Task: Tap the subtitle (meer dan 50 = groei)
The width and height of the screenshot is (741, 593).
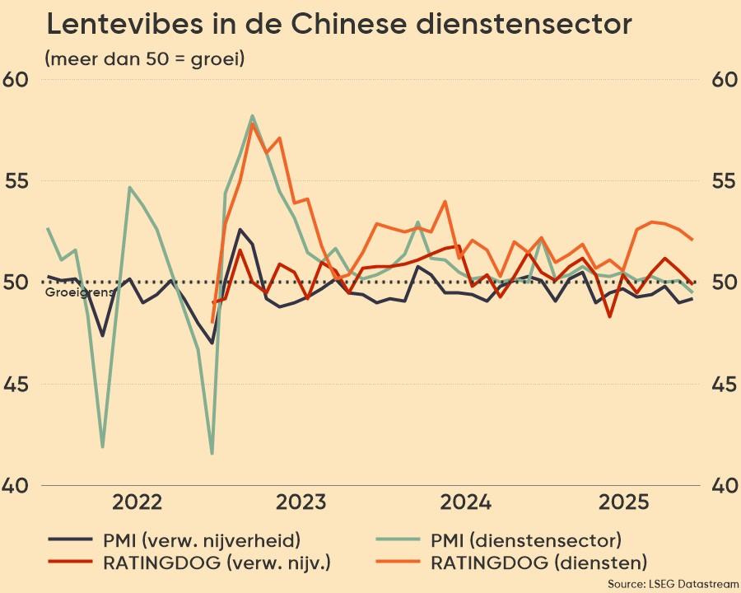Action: point(145,59)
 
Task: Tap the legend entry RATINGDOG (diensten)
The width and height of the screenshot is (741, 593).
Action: point(538,563)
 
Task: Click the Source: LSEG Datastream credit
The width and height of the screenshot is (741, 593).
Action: point(673,583)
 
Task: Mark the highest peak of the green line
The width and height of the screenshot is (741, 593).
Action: point(252,116)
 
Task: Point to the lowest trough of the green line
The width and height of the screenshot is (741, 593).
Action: point(212,453)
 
